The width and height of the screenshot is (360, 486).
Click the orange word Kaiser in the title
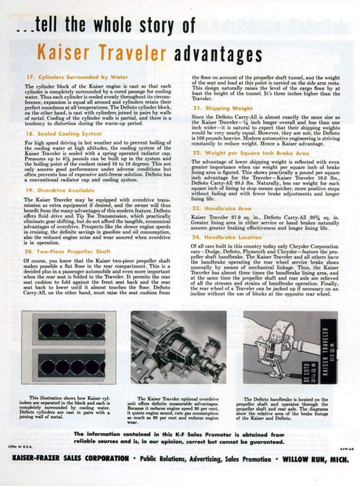60,53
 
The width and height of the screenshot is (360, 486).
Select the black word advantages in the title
217,54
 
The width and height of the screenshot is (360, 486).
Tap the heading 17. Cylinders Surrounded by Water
76,76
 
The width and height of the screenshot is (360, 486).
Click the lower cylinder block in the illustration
72,366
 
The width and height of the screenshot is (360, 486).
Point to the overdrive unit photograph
179,347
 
